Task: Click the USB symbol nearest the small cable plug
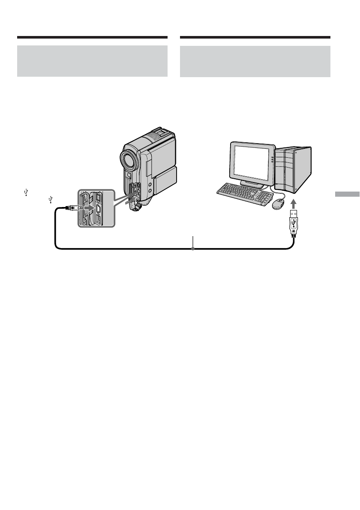(x=51, y=199)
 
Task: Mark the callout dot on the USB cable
(x=193, y=249)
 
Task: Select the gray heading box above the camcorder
(x=92, y=61)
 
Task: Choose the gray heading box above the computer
(x=255, y=61)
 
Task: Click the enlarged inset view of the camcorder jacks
(x=95, y=208)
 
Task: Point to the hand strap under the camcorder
(x=136, y=205)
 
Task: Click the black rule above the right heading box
(x=255, y=37)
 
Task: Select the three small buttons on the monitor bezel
(x=272, y=162)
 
